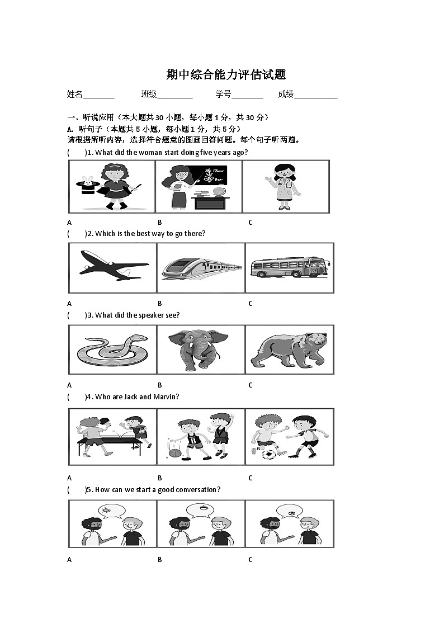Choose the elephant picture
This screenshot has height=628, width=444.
[x=200, y=348]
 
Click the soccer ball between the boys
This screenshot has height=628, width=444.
[x=268, y=455]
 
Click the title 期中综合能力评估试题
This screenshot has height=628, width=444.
[x=226, y=75]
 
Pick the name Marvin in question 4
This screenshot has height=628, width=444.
[x=166, y=397]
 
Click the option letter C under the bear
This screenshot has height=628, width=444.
[x=251, y=385]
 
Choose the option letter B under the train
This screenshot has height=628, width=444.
[x=159, y=304]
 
